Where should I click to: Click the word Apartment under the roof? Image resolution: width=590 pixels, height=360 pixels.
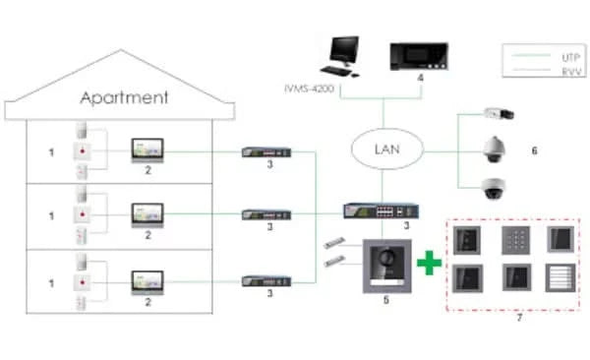124,97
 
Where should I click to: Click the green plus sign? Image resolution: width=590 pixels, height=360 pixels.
427,263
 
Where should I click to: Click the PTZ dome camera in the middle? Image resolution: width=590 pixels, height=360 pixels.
494,150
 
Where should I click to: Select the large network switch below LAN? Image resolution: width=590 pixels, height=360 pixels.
381,210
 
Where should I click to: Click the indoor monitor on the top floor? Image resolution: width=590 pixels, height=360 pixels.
148,150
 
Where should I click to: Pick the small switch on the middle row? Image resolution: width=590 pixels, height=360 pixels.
266,213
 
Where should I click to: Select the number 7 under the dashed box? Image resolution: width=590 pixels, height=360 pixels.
519,317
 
